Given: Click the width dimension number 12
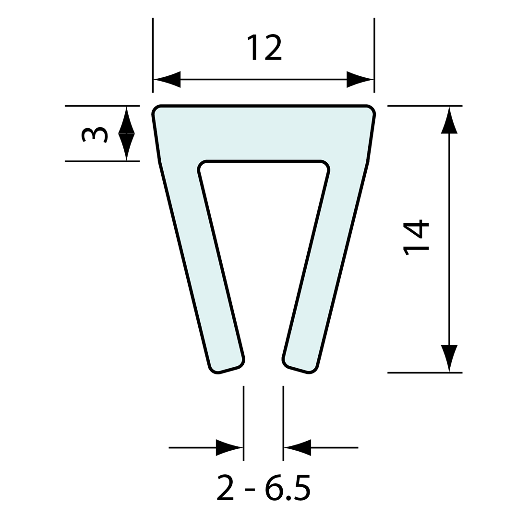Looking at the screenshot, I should tap(264, 47).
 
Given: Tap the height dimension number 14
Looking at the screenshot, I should tap(416, 237).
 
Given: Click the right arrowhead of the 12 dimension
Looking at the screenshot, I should tap(360, 79).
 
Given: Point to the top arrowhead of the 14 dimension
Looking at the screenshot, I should tap(449, 120).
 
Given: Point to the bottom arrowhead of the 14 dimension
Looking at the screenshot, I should tap(449, 358).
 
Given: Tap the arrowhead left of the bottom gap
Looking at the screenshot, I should tap(229, 447).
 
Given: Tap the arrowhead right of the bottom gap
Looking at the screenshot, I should tap(298, 447).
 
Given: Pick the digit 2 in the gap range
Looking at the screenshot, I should tap(225, 488).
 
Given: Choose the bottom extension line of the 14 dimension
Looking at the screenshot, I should tap(425, 372).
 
